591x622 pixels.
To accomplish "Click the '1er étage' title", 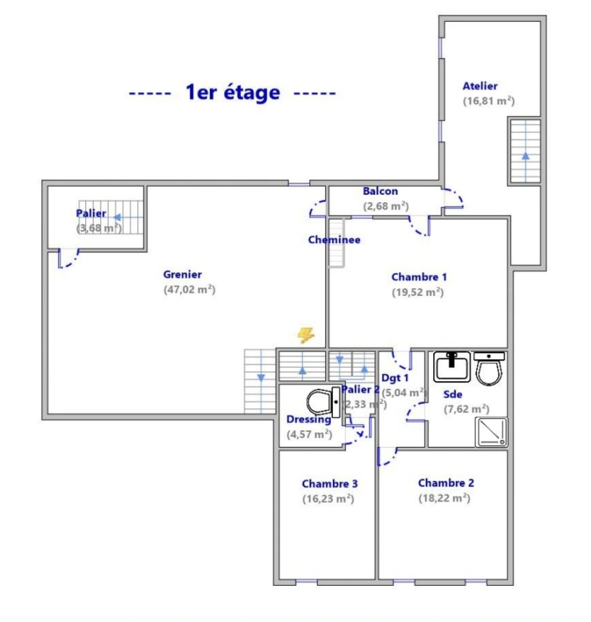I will click(x=233, y=92).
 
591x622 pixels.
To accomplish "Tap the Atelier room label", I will click(x=480, y=86).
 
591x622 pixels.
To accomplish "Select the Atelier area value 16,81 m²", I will click(x=488, y=101).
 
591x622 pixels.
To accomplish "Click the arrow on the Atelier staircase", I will click(x=525, y=155).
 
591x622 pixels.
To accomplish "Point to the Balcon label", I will click(x=380, y=191).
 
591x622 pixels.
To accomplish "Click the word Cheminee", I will click(x=334, y=240).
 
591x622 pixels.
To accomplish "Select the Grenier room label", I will click(x=182, y=275).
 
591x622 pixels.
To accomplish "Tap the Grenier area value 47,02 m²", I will click(x=189, y=290).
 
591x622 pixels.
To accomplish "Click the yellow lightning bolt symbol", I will click(x=306, y=335).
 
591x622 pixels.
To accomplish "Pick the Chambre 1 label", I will click(x=419, y=277).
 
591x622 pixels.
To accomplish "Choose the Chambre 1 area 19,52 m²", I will click(x=418, y=292).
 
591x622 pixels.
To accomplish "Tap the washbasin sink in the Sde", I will click(x=452, y=366).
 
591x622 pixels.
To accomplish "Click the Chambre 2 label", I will click(x=446, y=483).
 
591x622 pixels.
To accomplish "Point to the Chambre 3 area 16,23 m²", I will click(x=328, y=499).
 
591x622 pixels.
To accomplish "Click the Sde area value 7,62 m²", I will click(x=466, y=409).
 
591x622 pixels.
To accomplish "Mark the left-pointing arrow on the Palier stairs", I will click(x=118, y=217).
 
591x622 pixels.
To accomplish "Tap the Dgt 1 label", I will click(x=395, y=378).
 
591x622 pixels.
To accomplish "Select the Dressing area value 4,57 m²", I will click(x=309, y=434).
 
